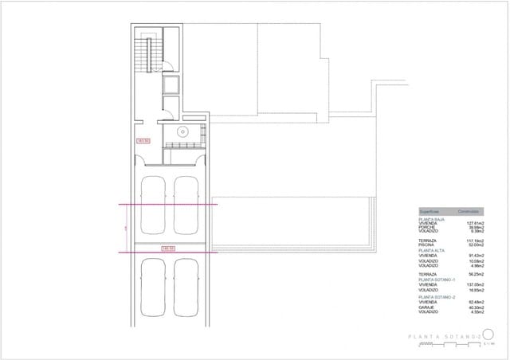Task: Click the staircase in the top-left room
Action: point(144,56)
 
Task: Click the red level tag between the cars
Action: point(168,248)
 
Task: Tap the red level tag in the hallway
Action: point(144,141)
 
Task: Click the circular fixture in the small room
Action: point(182,131)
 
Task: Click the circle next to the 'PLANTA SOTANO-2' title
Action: point(489,335)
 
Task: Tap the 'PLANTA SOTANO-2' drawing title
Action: point(444,337)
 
